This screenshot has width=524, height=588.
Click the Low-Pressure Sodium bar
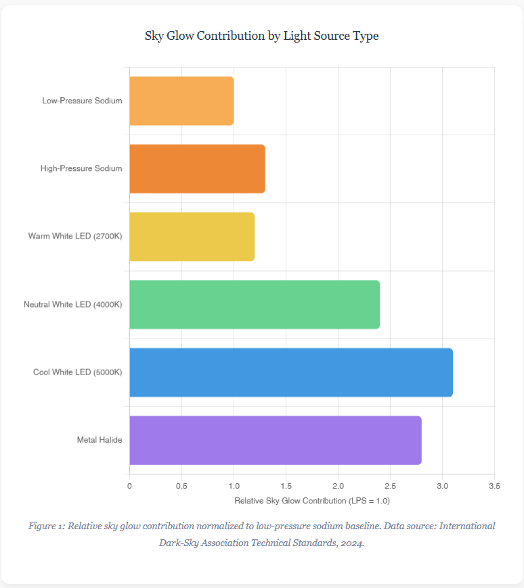(182, 101)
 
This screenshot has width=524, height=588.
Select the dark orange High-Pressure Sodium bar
(198, 169)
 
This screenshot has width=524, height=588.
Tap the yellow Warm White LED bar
(192, 237)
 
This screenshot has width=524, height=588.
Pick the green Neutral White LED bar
(255, 305)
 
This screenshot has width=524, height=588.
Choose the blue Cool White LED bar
(292, 372)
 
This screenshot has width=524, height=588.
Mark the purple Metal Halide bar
(276, 440)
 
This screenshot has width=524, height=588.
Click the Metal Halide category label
(100, 440)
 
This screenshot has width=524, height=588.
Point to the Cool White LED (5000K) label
(78, 372)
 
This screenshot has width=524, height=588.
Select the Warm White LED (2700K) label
(75, 236)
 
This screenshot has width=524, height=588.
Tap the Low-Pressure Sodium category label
(83, 101)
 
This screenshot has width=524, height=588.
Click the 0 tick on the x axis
(129, 486)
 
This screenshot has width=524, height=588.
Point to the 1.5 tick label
(286, 486)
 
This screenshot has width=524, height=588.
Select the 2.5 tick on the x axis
(390, 486)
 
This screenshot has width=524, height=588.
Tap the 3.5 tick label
(494, 486)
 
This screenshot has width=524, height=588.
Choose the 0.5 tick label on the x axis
(182, 486)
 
